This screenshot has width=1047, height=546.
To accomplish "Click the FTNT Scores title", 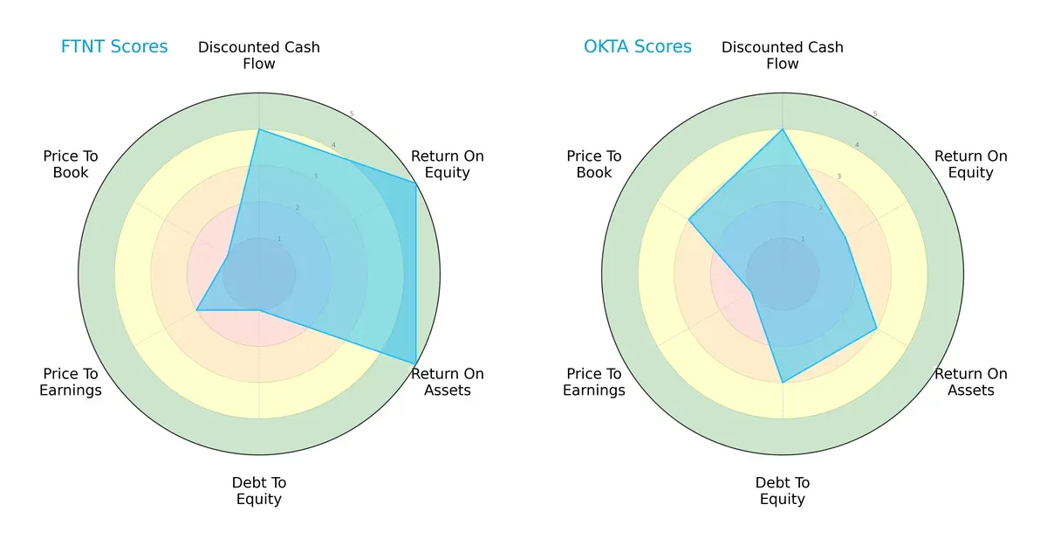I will [114, 47].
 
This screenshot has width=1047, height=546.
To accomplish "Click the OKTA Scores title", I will [638, 47].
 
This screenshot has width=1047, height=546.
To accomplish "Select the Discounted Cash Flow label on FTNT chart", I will [259, 55].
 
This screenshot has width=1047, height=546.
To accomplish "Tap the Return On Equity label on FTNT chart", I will [448, 164].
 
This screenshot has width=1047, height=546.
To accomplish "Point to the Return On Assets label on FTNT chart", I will [448, 382].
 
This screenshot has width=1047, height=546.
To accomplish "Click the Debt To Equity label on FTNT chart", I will [259, 491].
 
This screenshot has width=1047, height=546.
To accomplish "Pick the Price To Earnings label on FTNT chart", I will [71, 382].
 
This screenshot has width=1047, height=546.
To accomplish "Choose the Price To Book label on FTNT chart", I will [71, 164].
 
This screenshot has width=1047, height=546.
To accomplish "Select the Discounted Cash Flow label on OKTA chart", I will [783, 55].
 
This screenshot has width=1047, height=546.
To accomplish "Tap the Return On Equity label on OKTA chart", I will [971, 164].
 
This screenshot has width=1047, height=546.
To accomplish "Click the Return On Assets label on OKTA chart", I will [971, 382].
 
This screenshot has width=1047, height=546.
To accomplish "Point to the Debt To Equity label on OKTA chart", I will [783, 491].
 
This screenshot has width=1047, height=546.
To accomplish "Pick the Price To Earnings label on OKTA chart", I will [594, 382].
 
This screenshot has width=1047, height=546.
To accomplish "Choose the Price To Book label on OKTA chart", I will [594, 164].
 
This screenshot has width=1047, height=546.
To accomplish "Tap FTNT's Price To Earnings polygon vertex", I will [196, 310].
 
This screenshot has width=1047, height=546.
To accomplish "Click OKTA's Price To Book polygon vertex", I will [689, 219].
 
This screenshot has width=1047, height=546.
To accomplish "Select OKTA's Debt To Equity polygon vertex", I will [783, 382].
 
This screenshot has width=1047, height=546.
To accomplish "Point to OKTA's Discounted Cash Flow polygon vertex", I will [783, 129].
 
